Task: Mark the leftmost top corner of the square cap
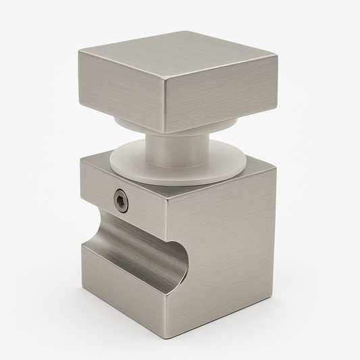click(79, 52)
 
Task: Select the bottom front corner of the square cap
click(165, 133)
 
